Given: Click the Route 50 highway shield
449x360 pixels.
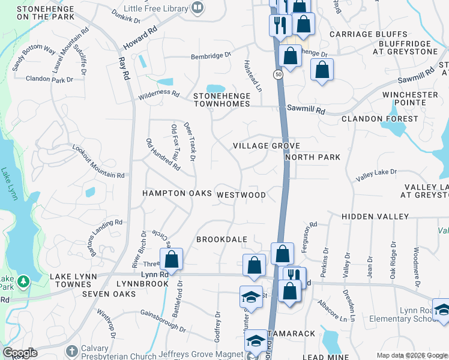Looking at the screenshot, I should (277, 74).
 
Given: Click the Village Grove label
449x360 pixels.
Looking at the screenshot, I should (266, 146).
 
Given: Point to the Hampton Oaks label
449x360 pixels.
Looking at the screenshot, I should (177, 194).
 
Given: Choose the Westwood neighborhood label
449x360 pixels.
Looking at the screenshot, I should (241, 195).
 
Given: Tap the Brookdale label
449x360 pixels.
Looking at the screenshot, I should (222, 239).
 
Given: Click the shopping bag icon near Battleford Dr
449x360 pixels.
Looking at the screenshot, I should (172, 260).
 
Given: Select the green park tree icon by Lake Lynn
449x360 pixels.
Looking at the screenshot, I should (23, 280).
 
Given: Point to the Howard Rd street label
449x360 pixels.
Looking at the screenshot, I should (140, 37).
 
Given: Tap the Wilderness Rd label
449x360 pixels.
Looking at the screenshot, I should (159, 93).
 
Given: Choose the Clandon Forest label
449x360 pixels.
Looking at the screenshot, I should (379, 119).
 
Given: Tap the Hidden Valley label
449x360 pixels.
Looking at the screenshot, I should (375, 216).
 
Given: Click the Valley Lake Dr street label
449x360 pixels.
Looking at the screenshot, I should (376, 175).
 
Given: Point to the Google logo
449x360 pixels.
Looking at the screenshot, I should (19, 352).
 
